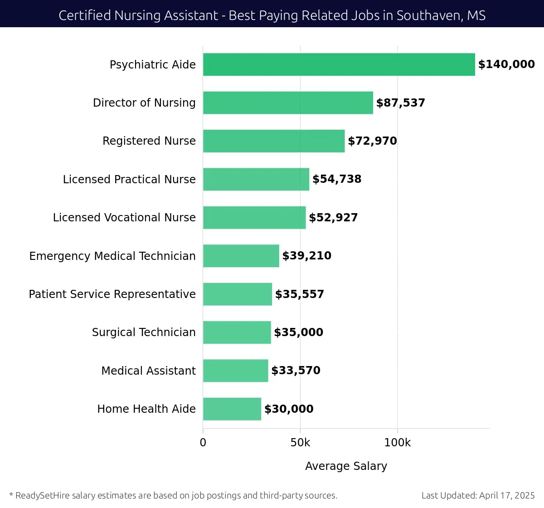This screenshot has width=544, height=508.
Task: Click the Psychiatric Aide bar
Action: (x=339, y=64)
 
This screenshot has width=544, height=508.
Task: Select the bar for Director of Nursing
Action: (x=288, y=103)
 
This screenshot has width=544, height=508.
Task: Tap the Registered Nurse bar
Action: (x=274, y=141)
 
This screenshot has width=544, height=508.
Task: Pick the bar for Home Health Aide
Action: (x=232, y=409)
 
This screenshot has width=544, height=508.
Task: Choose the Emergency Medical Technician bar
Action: (x=241, y=256)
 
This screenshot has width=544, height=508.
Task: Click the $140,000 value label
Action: (x=506, y=64)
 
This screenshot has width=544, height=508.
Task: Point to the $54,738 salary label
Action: (x=337, y=179)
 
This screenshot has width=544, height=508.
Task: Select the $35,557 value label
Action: (x=300, y=294)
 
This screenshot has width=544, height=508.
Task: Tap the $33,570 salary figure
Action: (x=296, y=371)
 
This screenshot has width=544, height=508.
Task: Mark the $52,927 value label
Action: (x=333, y=218)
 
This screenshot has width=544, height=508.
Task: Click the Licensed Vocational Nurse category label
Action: (x=124, y=218)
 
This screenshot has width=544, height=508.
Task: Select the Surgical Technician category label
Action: (x=144, y=332)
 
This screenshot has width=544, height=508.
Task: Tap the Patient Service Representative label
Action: (x=112, y=294)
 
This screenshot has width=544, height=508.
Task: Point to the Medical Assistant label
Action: (x=148, y=371)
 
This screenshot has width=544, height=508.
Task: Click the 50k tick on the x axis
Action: (x=300, y=443)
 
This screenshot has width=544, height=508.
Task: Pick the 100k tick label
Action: (x=397, y=443)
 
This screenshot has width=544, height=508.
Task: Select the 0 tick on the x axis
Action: (x=203, y=443)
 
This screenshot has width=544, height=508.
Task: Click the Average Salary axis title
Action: (x=346, y=466)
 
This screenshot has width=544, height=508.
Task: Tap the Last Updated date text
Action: (x=478, y=495)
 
